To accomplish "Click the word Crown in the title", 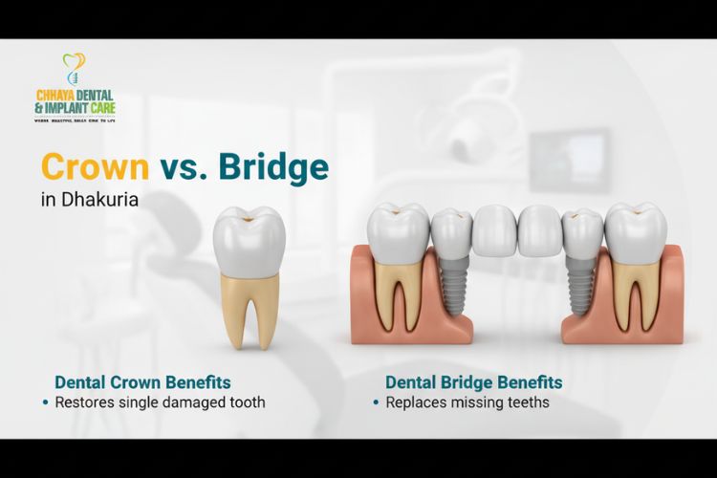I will pyautogui.click(x=95, y=167).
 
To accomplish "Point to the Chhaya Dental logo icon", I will pyautogui.click(x=74, y=68).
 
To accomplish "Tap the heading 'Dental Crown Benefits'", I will pyautogui.click(x=142, y=382).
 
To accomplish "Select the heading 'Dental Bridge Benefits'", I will pyautogui.click(x=473, y=382).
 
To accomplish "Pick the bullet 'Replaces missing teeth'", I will pyautogui.click(x=467, y=402).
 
